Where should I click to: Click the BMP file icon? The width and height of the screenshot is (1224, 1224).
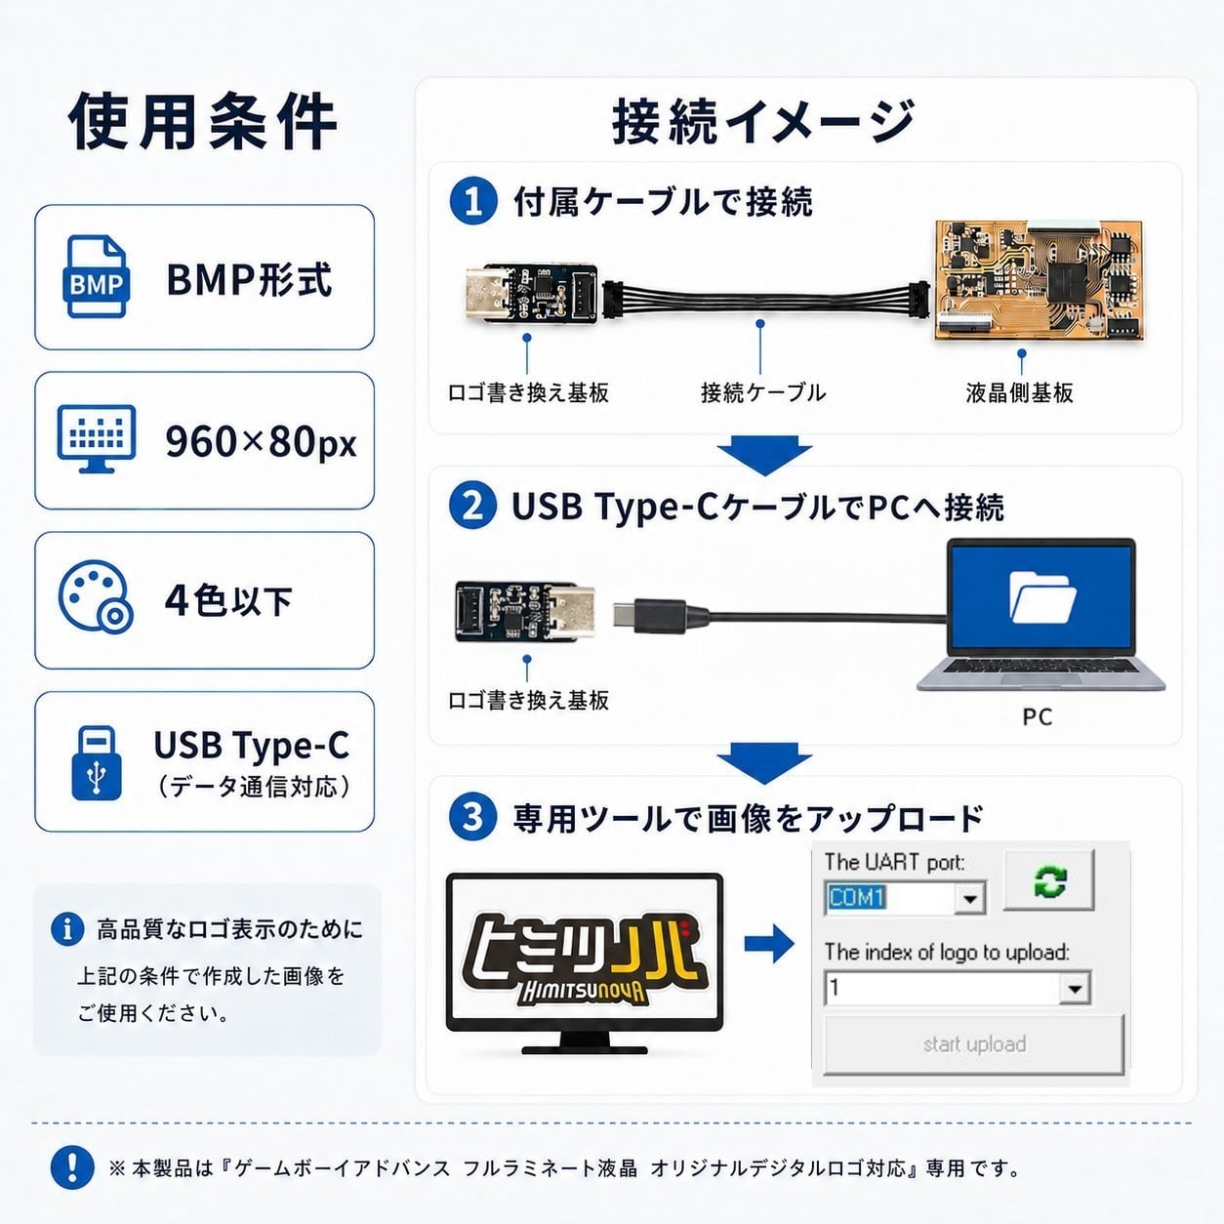coord(96,276)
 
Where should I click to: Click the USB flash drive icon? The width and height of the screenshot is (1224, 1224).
coord(96,763)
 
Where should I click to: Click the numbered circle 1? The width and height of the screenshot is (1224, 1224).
coord(473,201)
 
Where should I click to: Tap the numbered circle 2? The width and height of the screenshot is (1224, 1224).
coord(472,507)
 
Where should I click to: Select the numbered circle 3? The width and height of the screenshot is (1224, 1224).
coord(472,817)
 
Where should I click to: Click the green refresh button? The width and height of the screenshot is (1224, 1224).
coord(1049,880)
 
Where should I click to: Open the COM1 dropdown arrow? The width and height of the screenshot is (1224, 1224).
coord(970,899)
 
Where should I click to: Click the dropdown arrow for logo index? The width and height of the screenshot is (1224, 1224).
coord(1075,989)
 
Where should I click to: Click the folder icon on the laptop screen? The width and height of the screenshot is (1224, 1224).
coord(1042,597)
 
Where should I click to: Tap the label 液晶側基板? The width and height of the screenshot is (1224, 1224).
coord(1019,393)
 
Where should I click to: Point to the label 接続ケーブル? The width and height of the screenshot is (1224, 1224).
coord(763,392)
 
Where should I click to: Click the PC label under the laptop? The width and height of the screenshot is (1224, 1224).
coord(1038,716)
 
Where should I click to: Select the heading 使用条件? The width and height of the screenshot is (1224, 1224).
coord(203,121)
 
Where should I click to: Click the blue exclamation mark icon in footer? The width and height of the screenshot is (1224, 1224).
coord(72,1167)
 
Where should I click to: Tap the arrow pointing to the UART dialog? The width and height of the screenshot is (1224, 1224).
coord(769,943)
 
